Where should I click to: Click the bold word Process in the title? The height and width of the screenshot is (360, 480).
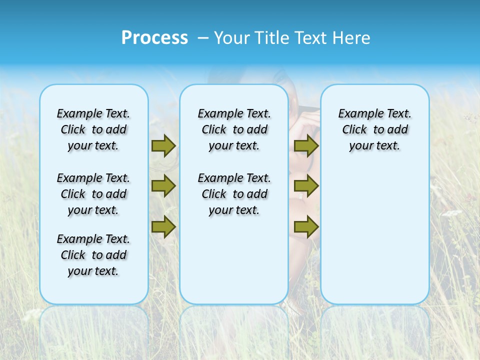coord(154,37)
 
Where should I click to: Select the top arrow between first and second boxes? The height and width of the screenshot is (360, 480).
coord(163,146)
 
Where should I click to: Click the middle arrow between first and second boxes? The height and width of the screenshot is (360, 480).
coord(163,186)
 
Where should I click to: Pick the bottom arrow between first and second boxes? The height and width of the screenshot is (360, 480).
coord(163,226)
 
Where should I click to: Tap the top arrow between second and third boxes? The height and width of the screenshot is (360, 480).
coord(306,146)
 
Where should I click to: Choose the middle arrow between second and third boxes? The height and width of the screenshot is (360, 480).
coord(306,186)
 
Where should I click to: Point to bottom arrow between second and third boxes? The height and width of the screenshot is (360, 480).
coord(306,226)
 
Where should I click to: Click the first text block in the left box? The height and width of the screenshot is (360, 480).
coord(93,129)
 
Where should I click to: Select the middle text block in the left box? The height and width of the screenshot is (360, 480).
coord(93,194)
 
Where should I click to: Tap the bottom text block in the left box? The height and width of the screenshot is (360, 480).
coord(93,255)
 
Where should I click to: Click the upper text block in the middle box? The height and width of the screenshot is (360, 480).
coord(234,129)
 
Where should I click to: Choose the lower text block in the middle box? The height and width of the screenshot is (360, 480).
coord(234,194)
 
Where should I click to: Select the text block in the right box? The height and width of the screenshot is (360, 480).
coord(375,129)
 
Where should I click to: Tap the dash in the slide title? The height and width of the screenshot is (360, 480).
coord(203,37)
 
